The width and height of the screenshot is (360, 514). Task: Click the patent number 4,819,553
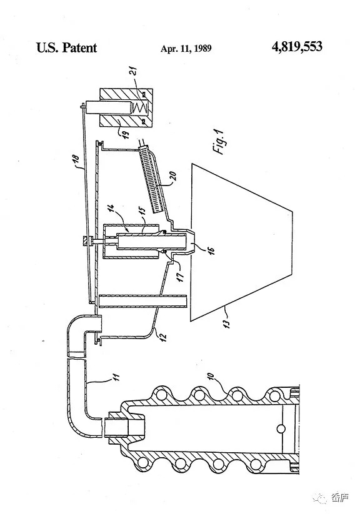(297, 47)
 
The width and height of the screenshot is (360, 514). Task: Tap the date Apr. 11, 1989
(186, 49)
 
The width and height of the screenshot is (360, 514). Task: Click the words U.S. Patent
(67, 47)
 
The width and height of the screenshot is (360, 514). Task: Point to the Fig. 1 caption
(219, 141)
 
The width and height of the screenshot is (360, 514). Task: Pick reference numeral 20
(174, 176)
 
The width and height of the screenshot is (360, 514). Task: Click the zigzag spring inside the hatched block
(140, 108)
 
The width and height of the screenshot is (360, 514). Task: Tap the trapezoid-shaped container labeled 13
(241, 242)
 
